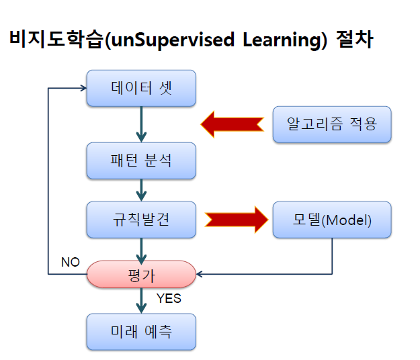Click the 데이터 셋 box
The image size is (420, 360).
pyautogui.click(x=141, y=88)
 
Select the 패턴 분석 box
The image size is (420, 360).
pyautogui.click(x=141, y=161)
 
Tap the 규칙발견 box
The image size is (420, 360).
pyautogui.click(x=141, y=220)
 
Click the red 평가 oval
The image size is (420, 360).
pyautogui.click(x=141, y=274)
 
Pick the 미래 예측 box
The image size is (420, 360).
pyautogui.click(x=141, y=332)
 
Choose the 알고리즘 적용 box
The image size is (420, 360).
pyautogui.click(x=332, y=124)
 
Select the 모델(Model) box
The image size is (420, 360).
pyautogui.click(x=332, y=220)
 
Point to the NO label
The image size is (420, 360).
pyautogui.click(x=71, y=262)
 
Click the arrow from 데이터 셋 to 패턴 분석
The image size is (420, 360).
pyautogui.click(x=141, y=124)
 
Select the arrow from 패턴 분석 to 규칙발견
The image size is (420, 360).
pyautogui.click(x=141, y=190)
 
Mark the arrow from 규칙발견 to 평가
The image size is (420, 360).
pyautogui.click(x=141, y=249)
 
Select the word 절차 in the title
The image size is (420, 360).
pyautogui.click(x=353, y=40)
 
